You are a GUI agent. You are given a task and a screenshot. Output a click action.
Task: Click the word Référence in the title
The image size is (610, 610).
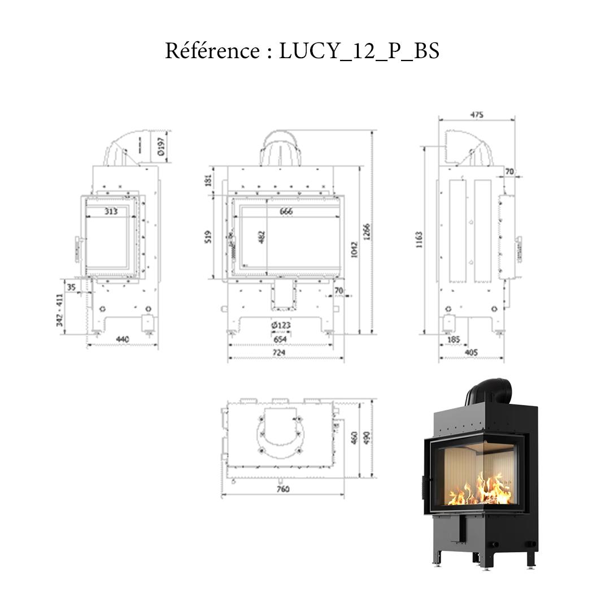(x=212, y=51)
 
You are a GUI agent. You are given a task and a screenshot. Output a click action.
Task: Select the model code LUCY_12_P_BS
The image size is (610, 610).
(x=359, y=51)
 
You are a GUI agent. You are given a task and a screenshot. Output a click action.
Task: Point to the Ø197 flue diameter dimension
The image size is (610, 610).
(x=161, y=145)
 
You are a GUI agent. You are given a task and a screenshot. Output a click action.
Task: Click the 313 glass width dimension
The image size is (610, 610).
(x=111, y=211)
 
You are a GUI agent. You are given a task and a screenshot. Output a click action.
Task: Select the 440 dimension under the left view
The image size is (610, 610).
(x=122, y=339)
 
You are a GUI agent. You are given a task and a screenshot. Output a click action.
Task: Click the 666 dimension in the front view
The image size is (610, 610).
(x=286, y=212)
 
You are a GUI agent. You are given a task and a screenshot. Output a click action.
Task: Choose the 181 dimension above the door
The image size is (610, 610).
(x=207, y=181)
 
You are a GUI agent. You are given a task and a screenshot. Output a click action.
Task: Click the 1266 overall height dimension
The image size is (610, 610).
(x=366, y=232)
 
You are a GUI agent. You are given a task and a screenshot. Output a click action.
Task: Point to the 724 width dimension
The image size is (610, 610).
(x=280, y=352)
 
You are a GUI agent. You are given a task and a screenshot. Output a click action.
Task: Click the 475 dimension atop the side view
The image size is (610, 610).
(x=477, y=115)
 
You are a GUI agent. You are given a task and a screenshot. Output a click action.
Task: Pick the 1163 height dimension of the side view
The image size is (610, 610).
(x=419, y=240)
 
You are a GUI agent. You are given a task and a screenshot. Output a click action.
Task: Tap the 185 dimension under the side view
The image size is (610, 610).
(x=453, y=340)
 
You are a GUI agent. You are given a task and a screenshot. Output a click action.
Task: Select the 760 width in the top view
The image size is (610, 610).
(x=284, y=489)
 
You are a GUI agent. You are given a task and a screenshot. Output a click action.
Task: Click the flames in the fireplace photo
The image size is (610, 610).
(x=480, y=490)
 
